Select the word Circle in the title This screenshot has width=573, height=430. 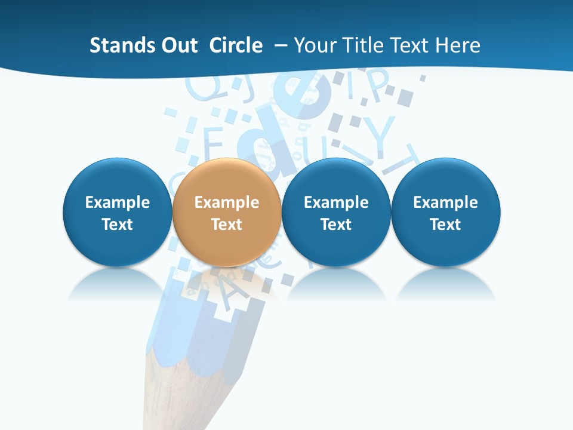[x=236, y=45]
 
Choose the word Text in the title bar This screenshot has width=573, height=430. [x=413, y=45]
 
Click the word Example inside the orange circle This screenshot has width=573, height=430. [x=227, y=202]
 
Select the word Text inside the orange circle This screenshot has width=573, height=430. [x=227, y=225]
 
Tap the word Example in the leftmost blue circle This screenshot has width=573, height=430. [x=118, y=202]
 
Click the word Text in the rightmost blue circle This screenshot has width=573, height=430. [x=446, y=225]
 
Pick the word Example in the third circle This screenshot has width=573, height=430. [x=336, y=202]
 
